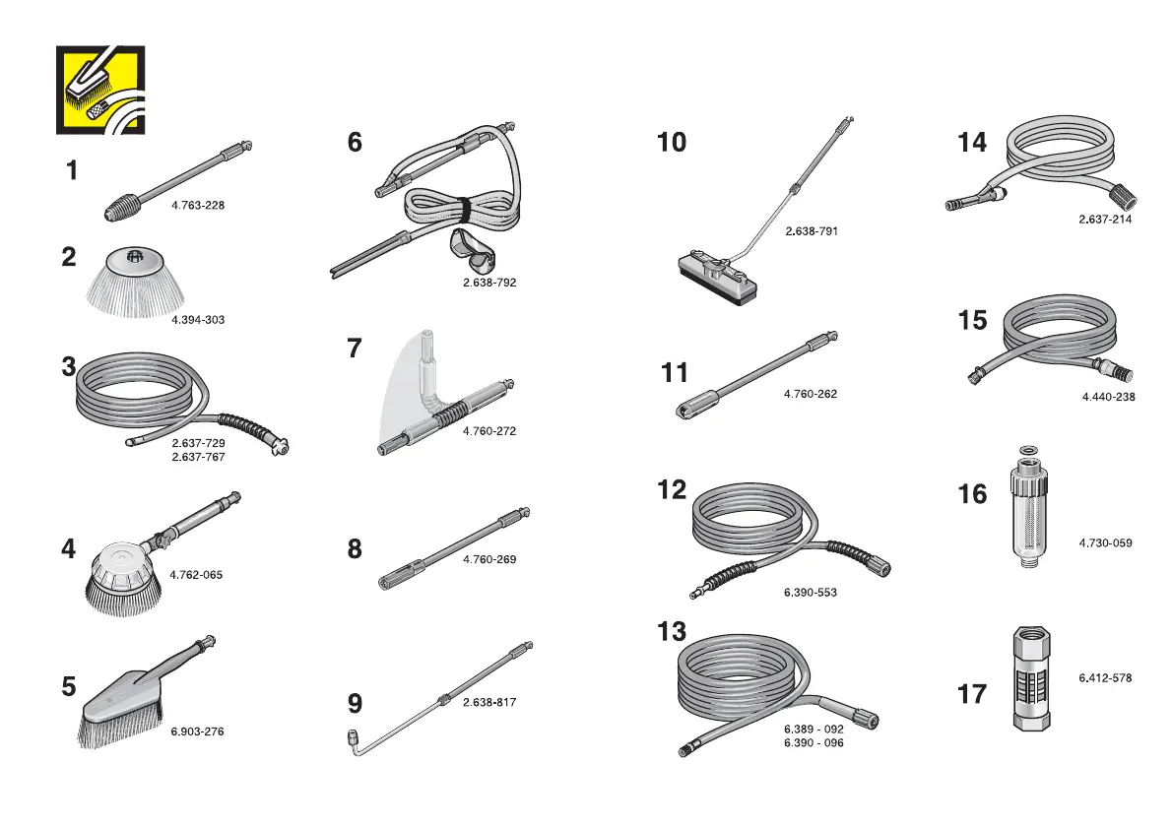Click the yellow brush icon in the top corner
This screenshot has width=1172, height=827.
pyautogui.click(x=100, y=90)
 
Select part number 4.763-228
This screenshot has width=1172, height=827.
pyautogui.click(x=198, y=206)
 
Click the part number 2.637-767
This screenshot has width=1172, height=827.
pyautogui.click(x=198, y=457)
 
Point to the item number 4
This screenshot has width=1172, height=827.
pyautogui.click(x=68, y=548)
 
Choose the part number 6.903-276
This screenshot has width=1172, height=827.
pyautogui.click(x=197, y=732)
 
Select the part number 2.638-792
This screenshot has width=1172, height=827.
pyautogui.click(x=489, y=283)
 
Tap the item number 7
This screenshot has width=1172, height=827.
pyautogui.click(x=355, y=349)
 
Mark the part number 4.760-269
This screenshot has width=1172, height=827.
pyautogui.click(x=489, y=559)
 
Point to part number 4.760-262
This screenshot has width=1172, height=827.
pyautogui.click(x=811, y=394)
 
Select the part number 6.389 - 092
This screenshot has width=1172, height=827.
pyautogui.click(x=814, y=729)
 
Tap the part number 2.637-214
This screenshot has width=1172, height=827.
pyautogui.click(x=1105, y=220)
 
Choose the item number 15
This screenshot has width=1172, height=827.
pyautogui.click(x=972, y=321)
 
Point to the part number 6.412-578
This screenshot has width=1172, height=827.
pyautogui.click(x=1105, y=677)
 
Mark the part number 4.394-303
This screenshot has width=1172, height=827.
pyautogui.click(x=198, y=320)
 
